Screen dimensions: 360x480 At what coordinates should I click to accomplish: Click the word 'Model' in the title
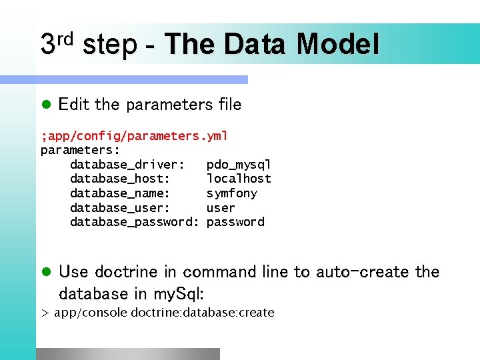tap(338, 45)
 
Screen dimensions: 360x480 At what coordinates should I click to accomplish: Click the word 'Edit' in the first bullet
tap(74, 104)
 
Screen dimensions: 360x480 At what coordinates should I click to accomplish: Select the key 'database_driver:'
tap(127, 165)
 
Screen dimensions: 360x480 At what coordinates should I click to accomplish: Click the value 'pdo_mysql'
tap(239, 165)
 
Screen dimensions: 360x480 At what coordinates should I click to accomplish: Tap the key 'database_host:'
tap(120, 179)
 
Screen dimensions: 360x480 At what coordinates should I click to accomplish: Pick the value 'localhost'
tap(239, 179)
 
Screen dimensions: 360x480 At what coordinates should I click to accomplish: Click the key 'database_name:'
tap(120, 193)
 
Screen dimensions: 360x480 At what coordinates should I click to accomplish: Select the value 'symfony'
tap(231, 193)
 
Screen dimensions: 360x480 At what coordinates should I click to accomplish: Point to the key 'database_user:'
tap(120, 208)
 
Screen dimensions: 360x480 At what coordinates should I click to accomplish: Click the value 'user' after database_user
tap(221, 208)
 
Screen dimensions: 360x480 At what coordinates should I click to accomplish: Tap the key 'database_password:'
tap(134, 222)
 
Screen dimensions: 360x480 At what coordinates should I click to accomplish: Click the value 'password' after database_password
tap(235, 222)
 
